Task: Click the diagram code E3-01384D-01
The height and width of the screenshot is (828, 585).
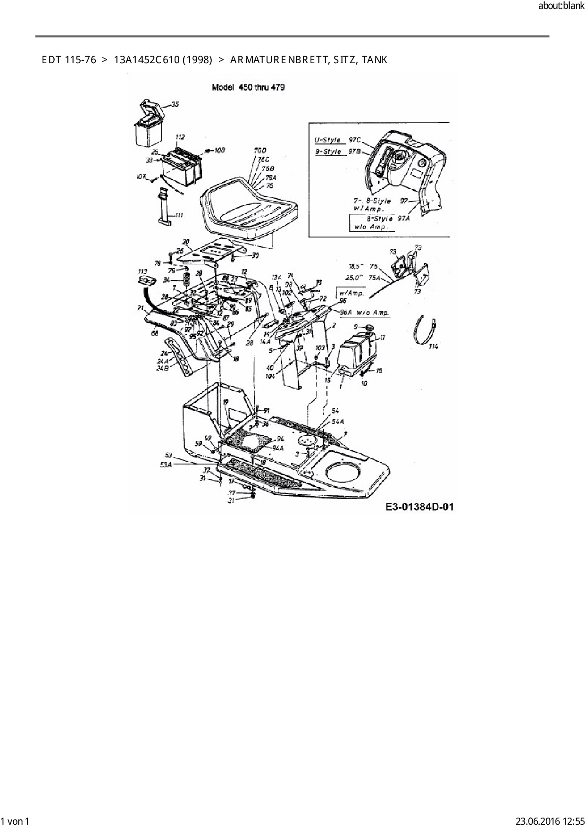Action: pos(419,507)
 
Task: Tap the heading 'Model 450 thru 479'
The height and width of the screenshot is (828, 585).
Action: pos(248,87)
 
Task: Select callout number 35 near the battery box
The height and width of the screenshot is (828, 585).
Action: pos(175,104)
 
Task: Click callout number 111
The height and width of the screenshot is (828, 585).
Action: pos(179,215)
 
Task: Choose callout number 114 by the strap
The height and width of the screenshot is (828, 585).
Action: pos(433,346)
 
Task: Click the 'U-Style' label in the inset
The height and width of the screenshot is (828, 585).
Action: pos(327,140)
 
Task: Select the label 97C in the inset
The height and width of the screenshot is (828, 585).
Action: pos(355,140)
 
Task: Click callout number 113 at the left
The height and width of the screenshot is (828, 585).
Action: pos(142,271)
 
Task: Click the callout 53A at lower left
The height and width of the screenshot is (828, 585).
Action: pos(166,464)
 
